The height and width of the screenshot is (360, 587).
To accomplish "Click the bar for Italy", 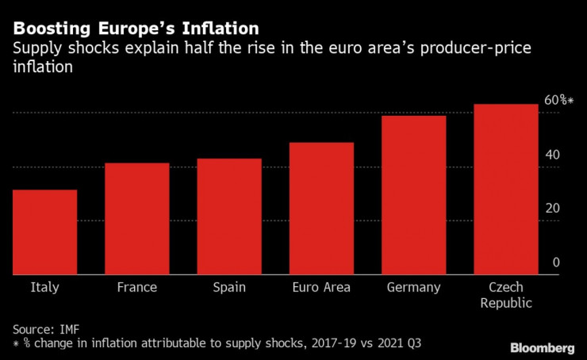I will (x=44, y=232).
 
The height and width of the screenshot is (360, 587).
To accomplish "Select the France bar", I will (x=136, y=219).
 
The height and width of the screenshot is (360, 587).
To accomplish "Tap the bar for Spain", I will (x=229, y=216).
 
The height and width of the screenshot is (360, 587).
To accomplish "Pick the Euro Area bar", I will (x=321, y=209).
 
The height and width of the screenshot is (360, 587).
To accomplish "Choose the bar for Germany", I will (x=413, y=195).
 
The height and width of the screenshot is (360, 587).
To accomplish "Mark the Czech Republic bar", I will (x=506, y=190).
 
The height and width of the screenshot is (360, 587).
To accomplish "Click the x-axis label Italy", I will (x=44, y=287).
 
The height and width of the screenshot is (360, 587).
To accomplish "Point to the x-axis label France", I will (x=136, y=287).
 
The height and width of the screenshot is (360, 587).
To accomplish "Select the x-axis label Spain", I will (x=229, y=287).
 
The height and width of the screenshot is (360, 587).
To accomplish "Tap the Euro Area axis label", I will (x=321, y=287).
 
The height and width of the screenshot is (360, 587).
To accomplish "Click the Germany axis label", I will (x=413, y=287).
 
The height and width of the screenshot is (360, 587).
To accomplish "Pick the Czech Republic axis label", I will (x=506, y=294).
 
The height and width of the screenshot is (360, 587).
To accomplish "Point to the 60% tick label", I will (x=558, y=101).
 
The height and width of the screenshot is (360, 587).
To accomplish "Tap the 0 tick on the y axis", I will (x=556, y=262).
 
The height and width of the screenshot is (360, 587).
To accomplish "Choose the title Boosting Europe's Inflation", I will (x=136, y=29).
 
